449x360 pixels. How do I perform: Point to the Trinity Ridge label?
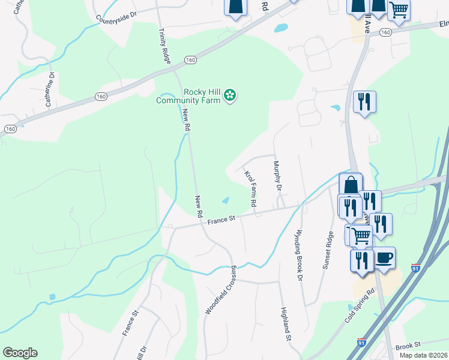(x=163, y=46)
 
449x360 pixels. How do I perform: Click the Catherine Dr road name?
(x=50, y=90)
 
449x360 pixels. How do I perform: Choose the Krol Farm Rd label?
(x=250, y=190)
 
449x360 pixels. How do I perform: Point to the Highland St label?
(x=286, y=325)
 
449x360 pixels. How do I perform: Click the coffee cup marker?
(x=384, y=259)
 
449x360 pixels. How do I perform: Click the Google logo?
(x=20, y=353)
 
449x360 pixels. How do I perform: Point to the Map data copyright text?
(x=424, y=355)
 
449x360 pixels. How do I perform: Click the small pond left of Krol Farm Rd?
(x=225, y=200)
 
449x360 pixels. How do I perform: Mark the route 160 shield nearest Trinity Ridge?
(x=190, y=60)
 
